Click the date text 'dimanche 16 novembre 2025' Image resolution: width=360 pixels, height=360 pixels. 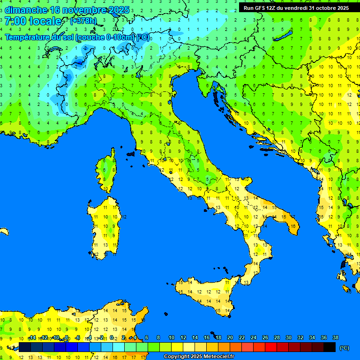click(60, 10)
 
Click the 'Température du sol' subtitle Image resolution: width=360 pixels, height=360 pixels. click(77, 37)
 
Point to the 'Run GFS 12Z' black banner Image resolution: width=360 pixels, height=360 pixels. click(296, 8)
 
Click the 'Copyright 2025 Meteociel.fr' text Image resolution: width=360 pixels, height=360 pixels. click(199, 357)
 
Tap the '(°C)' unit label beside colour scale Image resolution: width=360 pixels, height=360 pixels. click(344, 347)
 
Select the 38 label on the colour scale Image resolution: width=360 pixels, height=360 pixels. click(336, 337)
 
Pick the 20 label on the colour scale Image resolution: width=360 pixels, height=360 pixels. click(230, 337)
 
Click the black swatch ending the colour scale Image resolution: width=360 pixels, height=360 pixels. click(330, 347)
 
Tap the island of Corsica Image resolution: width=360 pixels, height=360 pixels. click(108, 171)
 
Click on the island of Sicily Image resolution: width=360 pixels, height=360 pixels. click(206, 293)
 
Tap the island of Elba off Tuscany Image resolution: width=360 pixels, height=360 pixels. click(131, 153)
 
